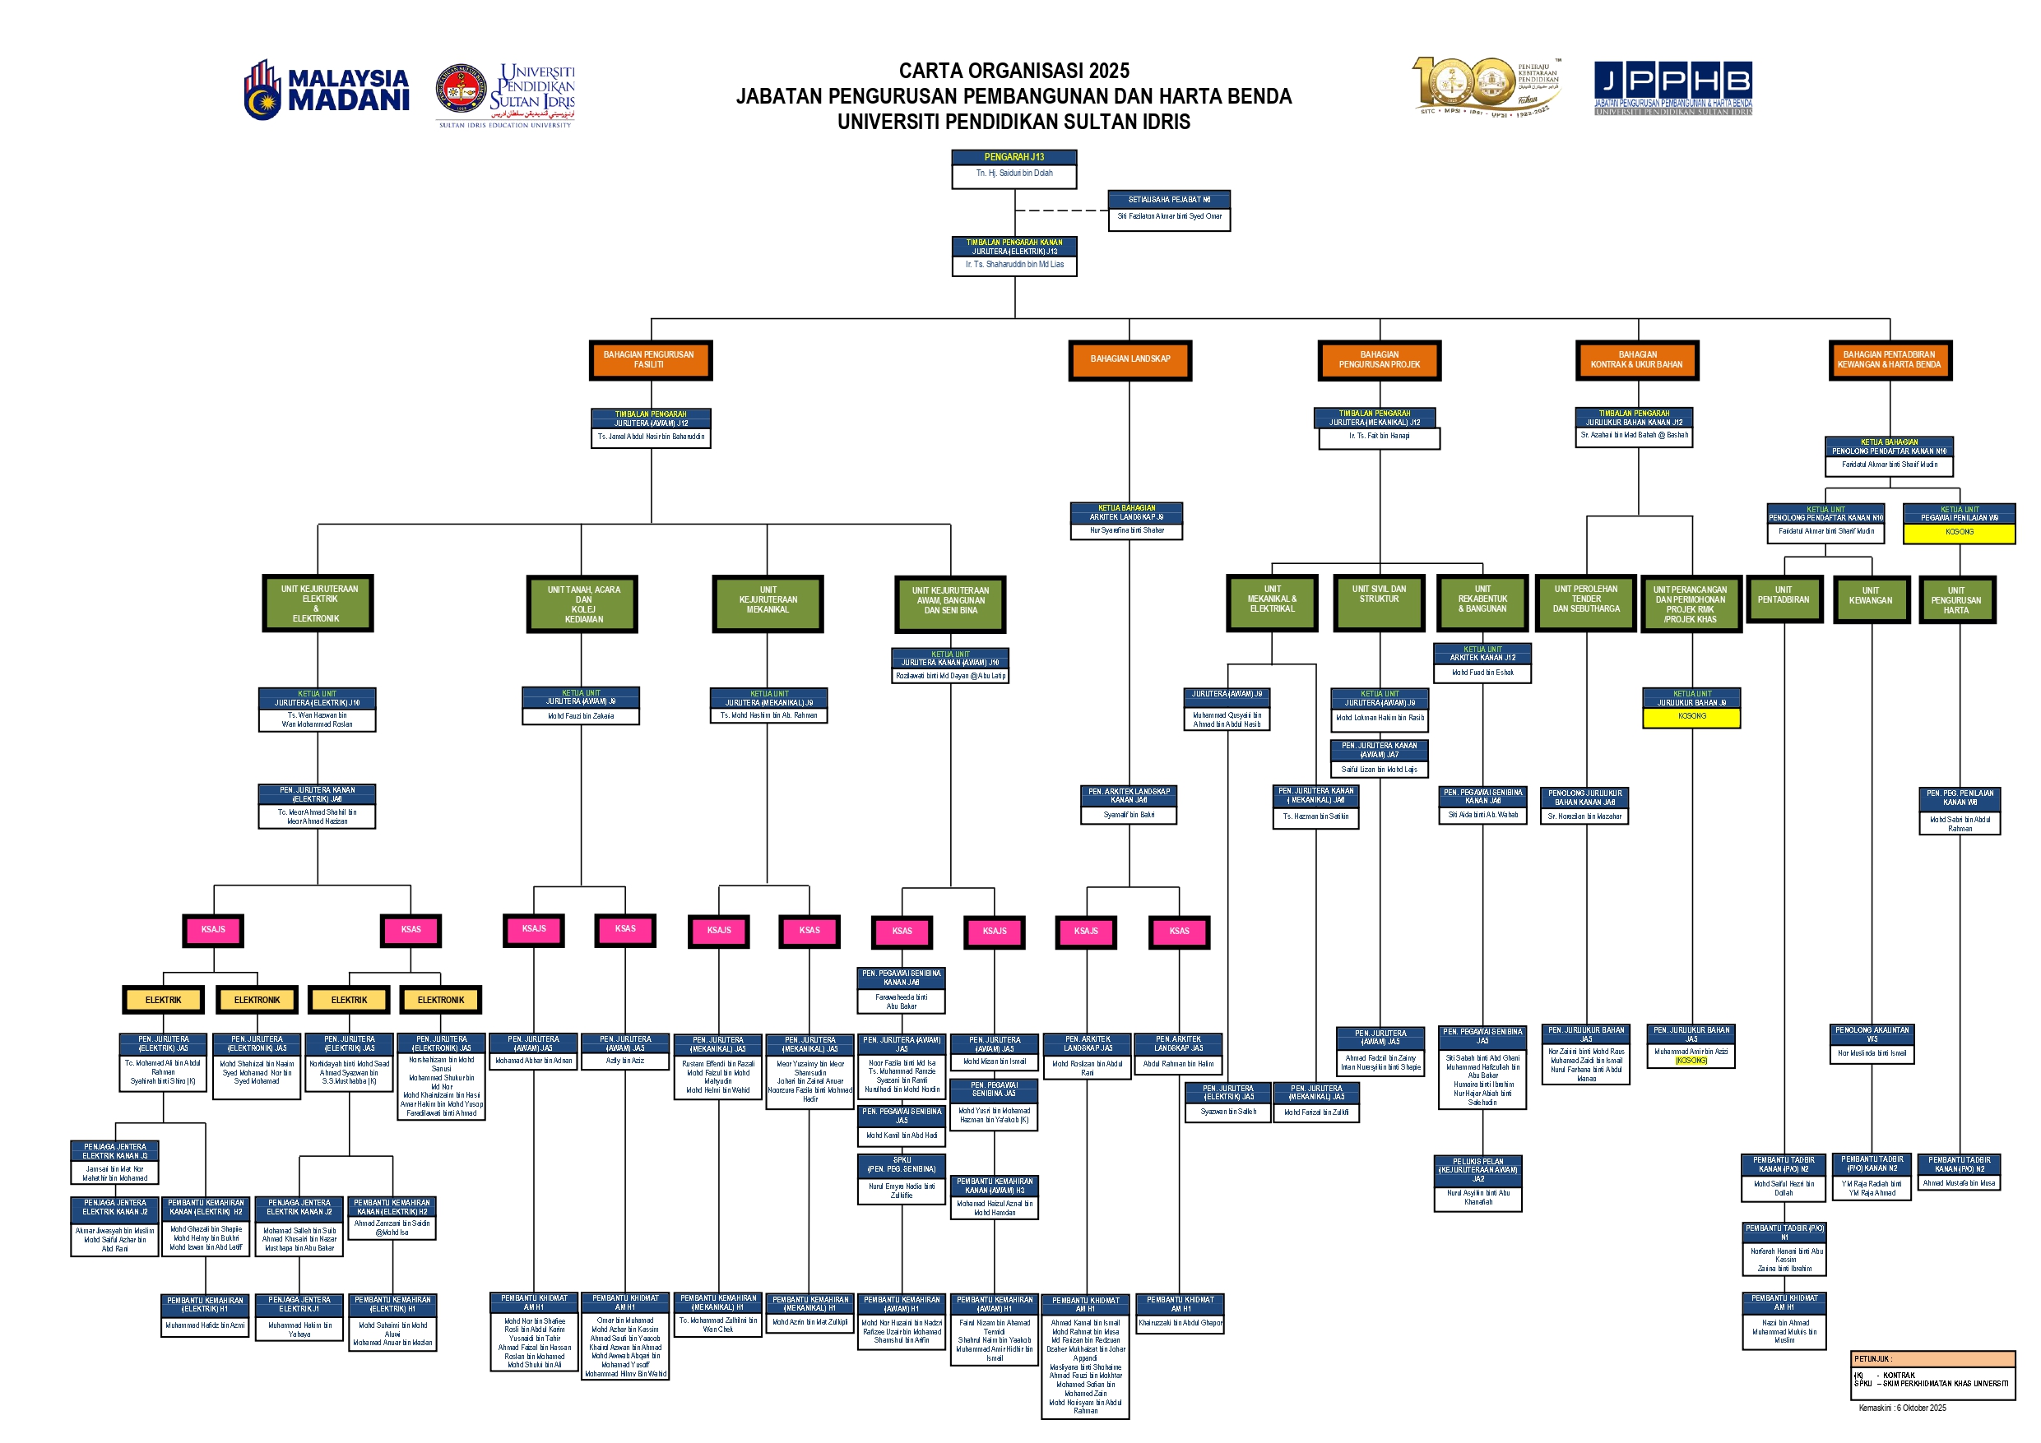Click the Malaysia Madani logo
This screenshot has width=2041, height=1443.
[327, 90]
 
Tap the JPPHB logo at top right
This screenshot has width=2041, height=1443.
[1672, 87]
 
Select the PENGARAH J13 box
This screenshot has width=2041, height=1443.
[1014, 157]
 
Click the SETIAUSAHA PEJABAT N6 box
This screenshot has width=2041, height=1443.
[1168, 200]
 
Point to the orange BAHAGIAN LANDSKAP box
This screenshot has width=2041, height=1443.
[1130, 360]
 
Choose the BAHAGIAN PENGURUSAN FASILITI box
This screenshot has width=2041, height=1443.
[650, 360]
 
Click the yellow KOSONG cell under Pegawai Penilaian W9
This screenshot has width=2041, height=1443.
[1959, 532]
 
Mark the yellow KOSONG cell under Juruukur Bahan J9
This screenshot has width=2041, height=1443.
[1691, 717]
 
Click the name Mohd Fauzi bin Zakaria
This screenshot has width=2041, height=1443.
[581, 716]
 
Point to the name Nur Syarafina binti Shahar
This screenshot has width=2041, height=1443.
[1126, 530]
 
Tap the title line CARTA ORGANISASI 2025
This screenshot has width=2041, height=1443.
[1014, 71]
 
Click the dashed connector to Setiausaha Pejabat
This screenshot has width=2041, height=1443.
[1061, 210]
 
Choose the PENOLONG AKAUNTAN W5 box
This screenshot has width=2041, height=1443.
[1872, 1034]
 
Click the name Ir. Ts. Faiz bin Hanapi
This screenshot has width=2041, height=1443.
[1379, 437]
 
